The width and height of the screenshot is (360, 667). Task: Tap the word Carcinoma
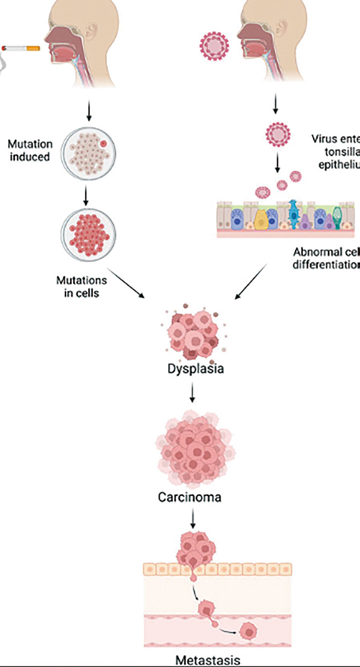coord(191,497)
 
